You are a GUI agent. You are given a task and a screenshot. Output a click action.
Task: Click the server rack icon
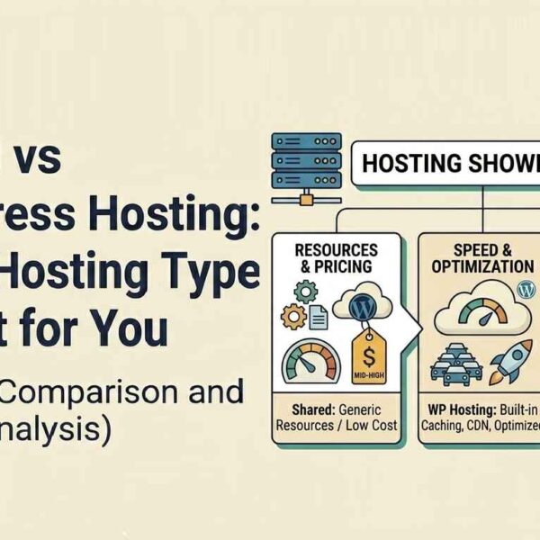(x=305, y=161)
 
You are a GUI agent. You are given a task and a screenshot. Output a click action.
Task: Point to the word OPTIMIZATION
(x=481, y=267)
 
